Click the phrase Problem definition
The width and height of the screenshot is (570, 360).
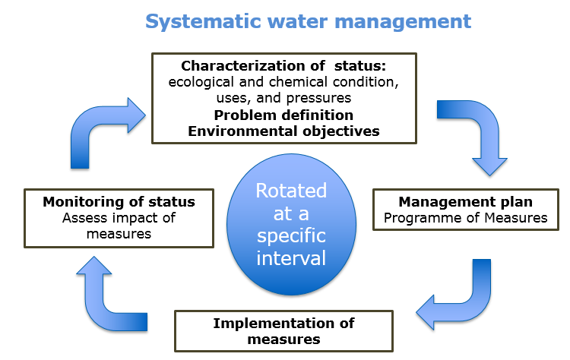coord(283,115)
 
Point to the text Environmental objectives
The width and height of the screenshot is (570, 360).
coord(284,131)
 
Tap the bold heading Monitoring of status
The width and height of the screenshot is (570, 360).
coord(119,202)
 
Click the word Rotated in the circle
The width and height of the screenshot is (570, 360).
coord(291,190)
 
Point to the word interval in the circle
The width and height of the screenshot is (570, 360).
coord(291,258)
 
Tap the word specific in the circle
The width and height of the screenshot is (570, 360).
coord(291,235)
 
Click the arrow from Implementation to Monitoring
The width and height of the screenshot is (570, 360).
coord(106,292)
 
